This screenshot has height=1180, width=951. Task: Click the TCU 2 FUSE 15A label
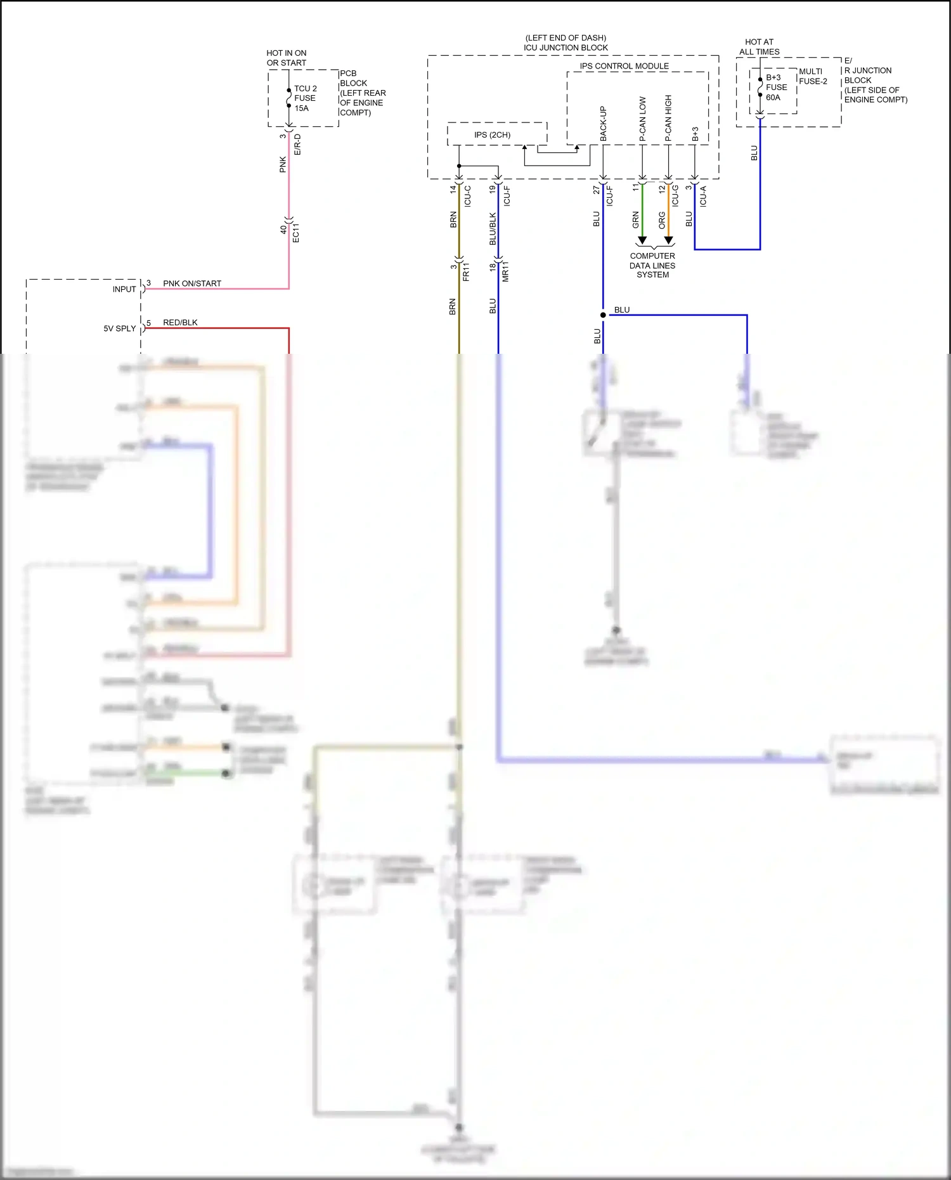pyautogui.click(x=305, y=98)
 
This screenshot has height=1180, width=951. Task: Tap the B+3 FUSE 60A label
pyautogui.click(x=776, y=88)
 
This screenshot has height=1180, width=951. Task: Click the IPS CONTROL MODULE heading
pyautogui.click(x=624, y=66)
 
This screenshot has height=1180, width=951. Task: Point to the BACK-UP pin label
pyautogui.click(x=603, y=124)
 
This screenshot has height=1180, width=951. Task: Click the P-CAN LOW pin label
pyautogui.click(x=642, y=119)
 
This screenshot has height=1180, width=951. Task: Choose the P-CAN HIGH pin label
pyautogui.click(x=668, y=119)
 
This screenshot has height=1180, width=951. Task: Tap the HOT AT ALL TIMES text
pyautogui.click(x=759, y=47)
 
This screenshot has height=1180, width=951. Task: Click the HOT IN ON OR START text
pyautogui.click(x=286, y=58)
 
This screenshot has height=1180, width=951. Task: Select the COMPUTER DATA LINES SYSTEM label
pyautogui.click(x=652, y=265)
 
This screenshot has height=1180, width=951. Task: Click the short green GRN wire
pyautogui.click(x=642, y=209)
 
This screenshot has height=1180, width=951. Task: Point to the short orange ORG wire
pyautogui.click(x=668, y=209)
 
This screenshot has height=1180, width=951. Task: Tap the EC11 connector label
pyautogui.click(x=295, y=233)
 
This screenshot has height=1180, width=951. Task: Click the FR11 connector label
pyautogui.click(x=466, y=272)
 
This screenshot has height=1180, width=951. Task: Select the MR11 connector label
pyautogui.click(x=505, y=271)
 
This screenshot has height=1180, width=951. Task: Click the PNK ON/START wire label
pyautogui.click(x=192, y=283)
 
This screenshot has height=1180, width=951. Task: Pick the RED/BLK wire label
pyautogui.click(x=180, y=323)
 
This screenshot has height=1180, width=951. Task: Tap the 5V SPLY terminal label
pyautogui.click(x=120, y=328)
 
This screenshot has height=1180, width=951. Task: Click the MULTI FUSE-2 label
pyautogui.click(x=813, y=76)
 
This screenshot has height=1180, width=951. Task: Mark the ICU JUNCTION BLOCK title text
pyautogui.click(x=566, y=48)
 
